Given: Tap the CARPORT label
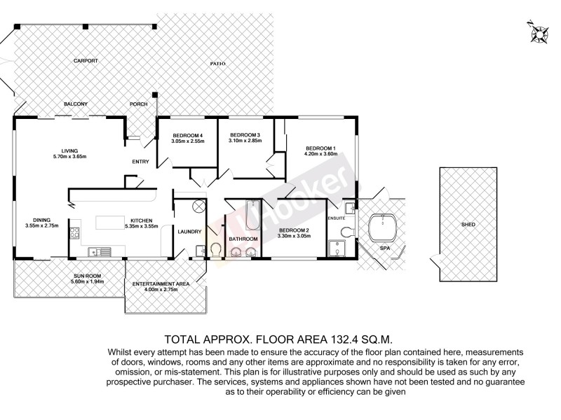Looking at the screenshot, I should pyautogui.click(x=86, y=61).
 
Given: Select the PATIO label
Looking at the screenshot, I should pyautogui.click(x=218, y=64).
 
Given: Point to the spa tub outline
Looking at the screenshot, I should pyautogui.click(x=383, y=227).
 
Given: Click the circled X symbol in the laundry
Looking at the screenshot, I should pyautogui.click(x=198, y=206).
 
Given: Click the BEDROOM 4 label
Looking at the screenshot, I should pyautogui.click(x=187, y=135).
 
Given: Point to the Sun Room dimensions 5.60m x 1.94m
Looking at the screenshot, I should pyautogui.click(x=89, y=282).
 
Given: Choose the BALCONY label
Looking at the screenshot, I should pyautogui.click(x=76, y=104).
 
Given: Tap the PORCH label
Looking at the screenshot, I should pyautogui.click(x=138, y=104).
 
